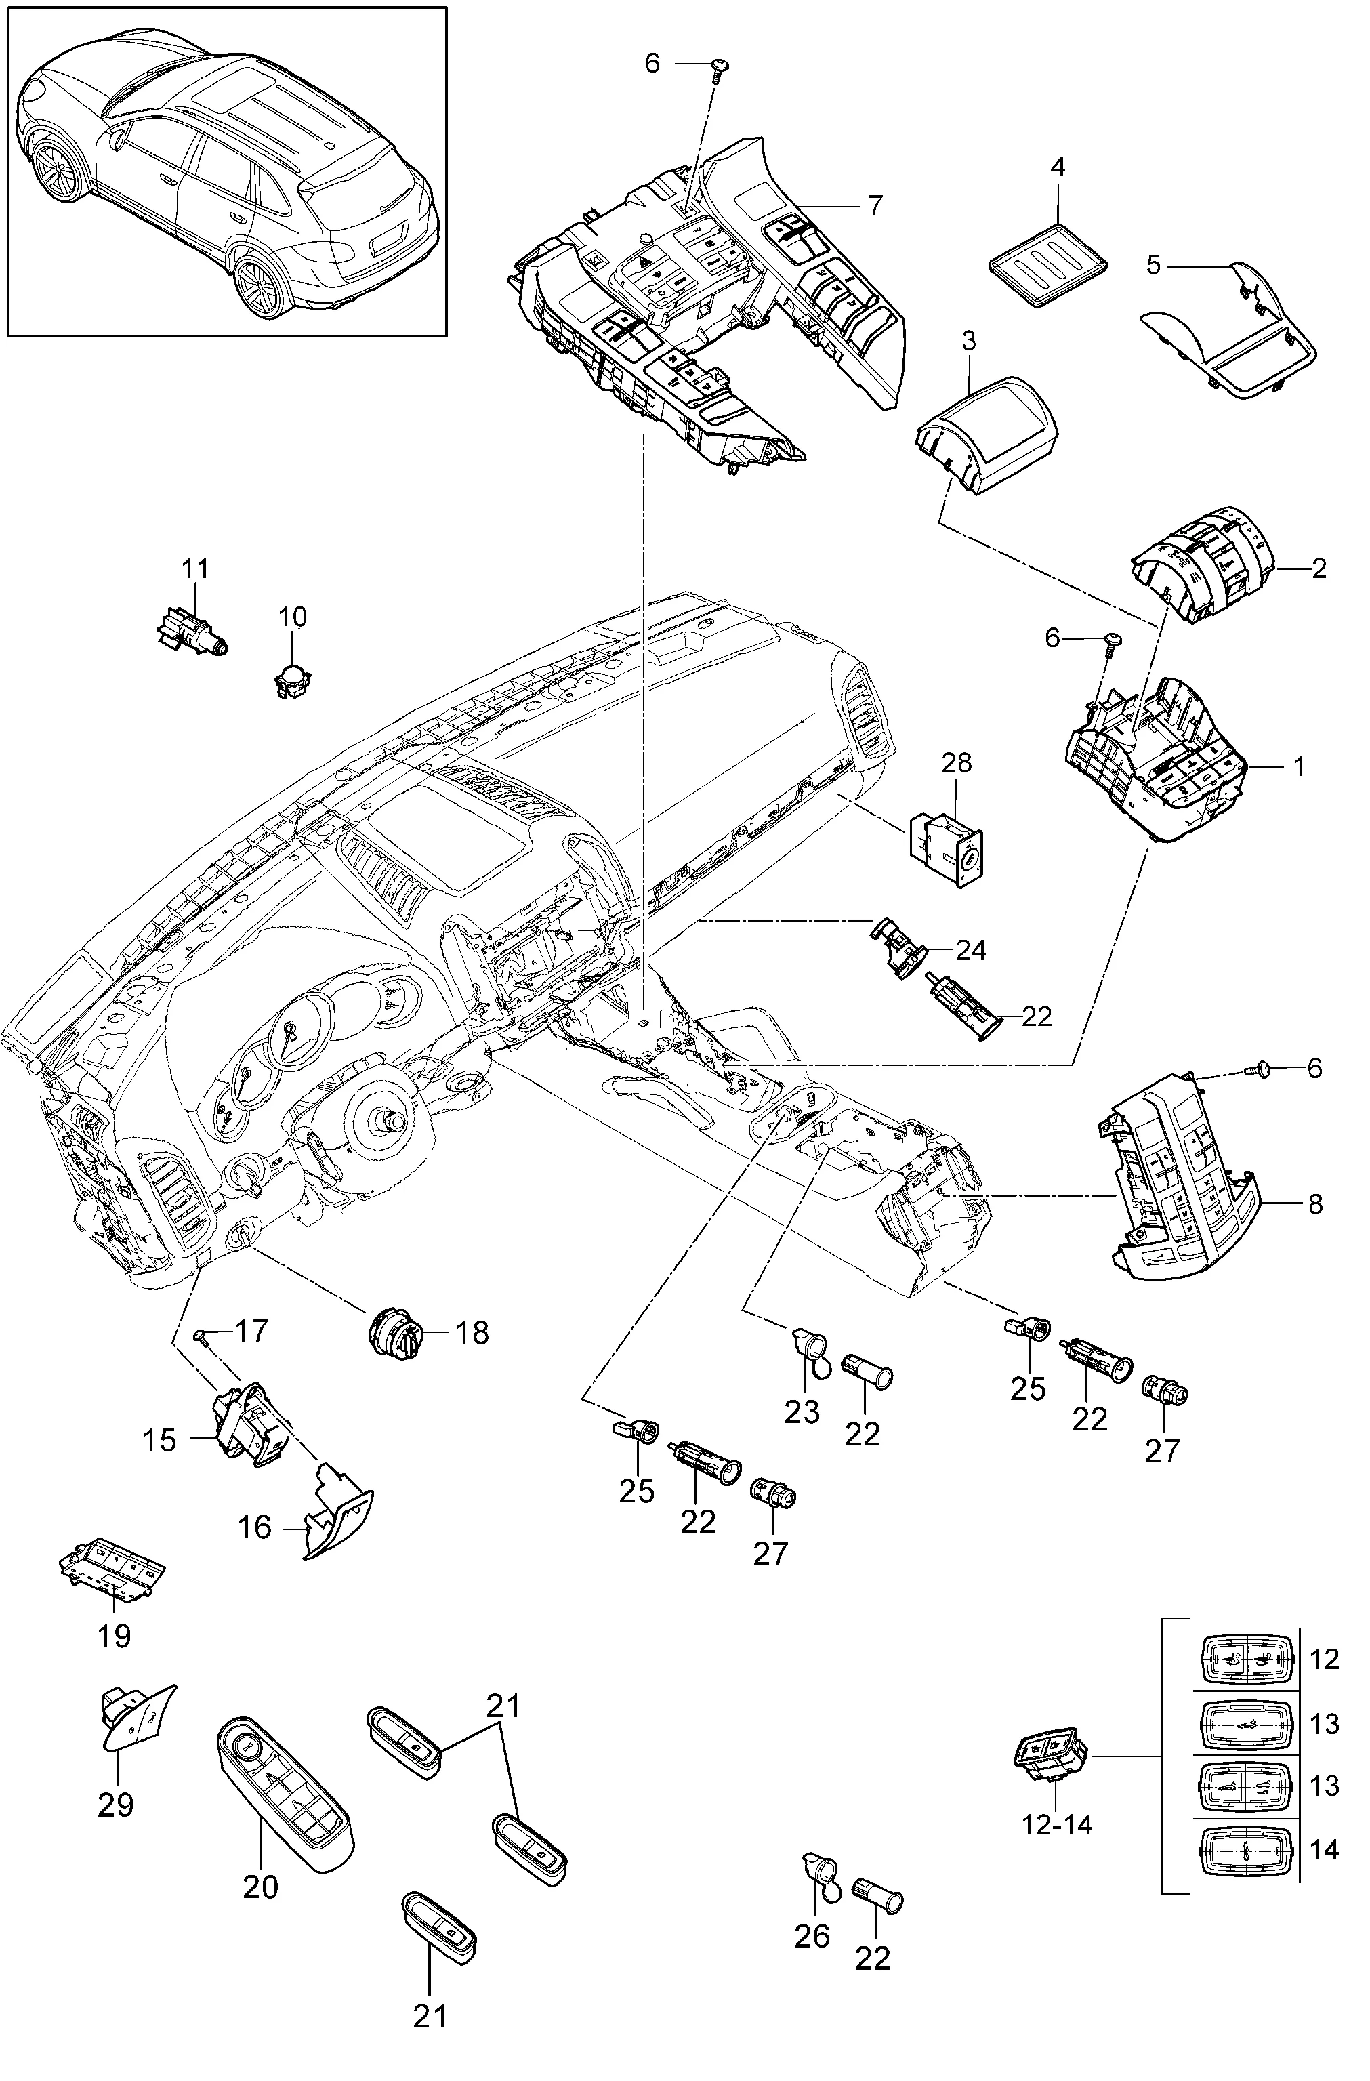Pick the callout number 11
pyautogui.click(x=196, y=569)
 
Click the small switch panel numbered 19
pyautogui.click(x=112, y=1573)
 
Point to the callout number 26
pyautogui.click(x=812, y=1937)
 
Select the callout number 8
pyautogui.click(x=1316, y=1204)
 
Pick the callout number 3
pyautogui.click(x=969, y=340)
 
